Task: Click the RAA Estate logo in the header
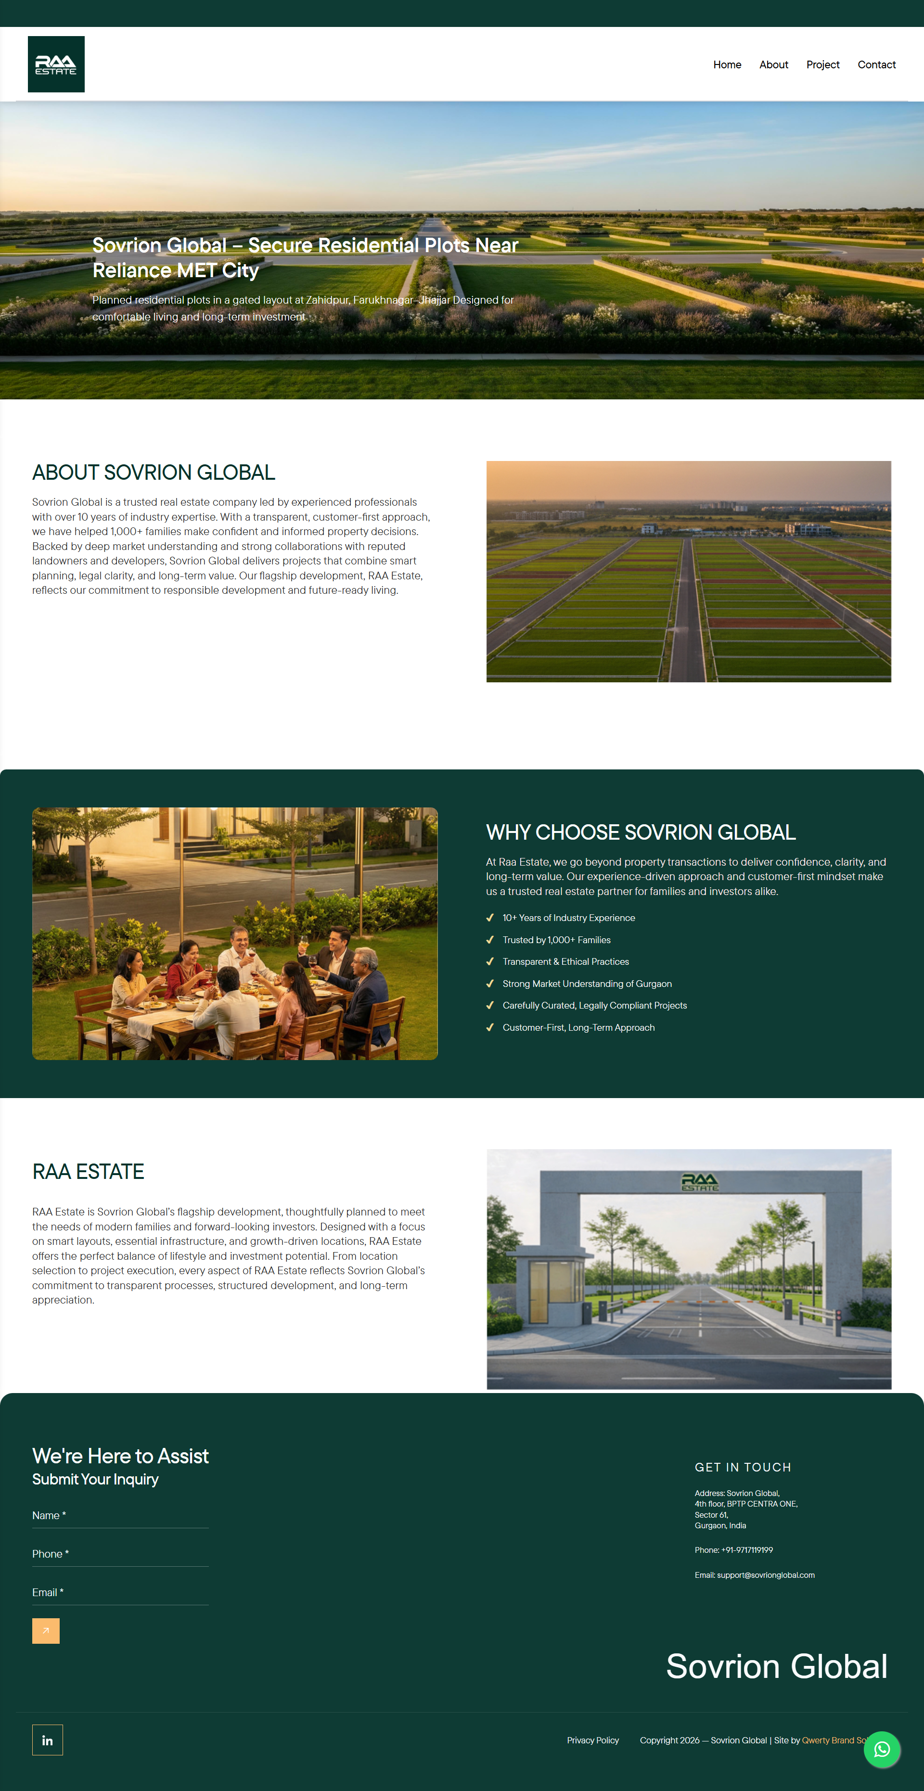56,64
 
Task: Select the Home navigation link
727,64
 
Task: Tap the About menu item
773,64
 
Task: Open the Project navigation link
822,64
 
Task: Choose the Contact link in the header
876,64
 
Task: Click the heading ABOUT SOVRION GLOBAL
154,473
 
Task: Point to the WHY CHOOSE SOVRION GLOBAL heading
641,832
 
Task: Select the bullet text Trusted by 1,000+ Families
556,940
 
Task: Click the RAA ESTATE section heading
88,1172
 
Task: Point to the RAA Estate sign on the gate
699,1182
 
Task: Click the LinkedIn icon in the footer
47,1740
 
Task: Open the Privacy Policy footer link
592,1740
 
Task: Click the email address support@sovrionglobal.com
766,1575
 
